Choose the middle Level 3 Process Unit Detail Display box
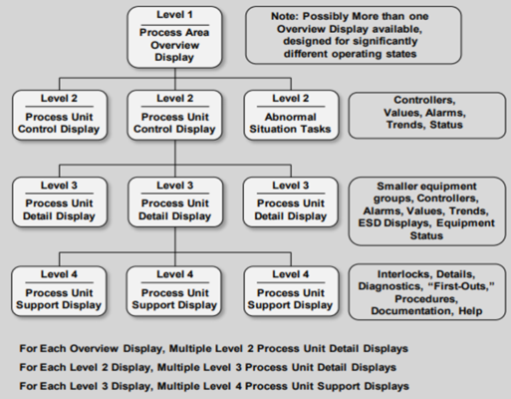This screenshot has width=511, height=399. click(175, 201)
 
